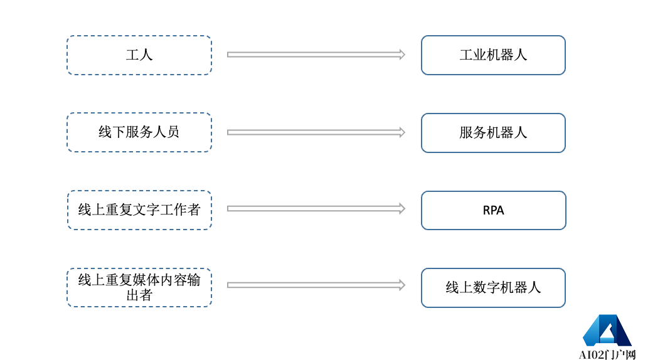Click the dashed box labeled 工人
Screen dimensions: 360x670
pos(139,55)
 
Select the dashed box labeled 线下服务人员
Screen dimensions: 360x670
pos(139,132)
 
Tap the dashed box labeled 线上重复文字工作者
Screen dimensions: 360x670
pos(139,210)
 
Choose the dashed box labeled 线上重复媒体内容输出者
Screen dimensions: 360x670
pos(139,287)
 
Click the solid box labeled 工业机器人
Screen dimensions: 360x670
pos(493,55)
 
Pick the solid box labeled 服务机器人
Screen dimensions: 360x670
pos(493,133)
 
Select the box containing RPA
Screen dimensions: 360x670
pos(493,211)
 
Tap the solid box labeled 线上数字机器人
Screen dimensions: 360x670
pos(493,288)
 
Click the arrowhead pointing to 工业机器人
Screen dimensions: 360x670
pos(402,55)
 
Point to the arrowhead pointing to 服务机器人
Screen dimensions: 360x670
pos(402,132)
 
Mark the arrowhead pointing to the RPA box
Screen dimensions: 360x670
pos(402,208)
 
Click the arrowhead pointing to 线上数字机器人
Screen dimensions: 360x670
pos(402,285)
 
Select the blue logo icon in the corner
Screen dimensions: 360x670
pos(607,330)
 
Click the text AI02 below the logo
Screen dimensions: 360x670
pos(590,355)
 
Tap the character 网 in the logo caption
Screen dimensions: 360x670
pos(630,355)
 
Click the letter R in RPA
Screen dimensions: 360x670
pos(486,211)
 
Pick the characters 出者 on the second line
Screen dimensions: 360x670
pos(139,295)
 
